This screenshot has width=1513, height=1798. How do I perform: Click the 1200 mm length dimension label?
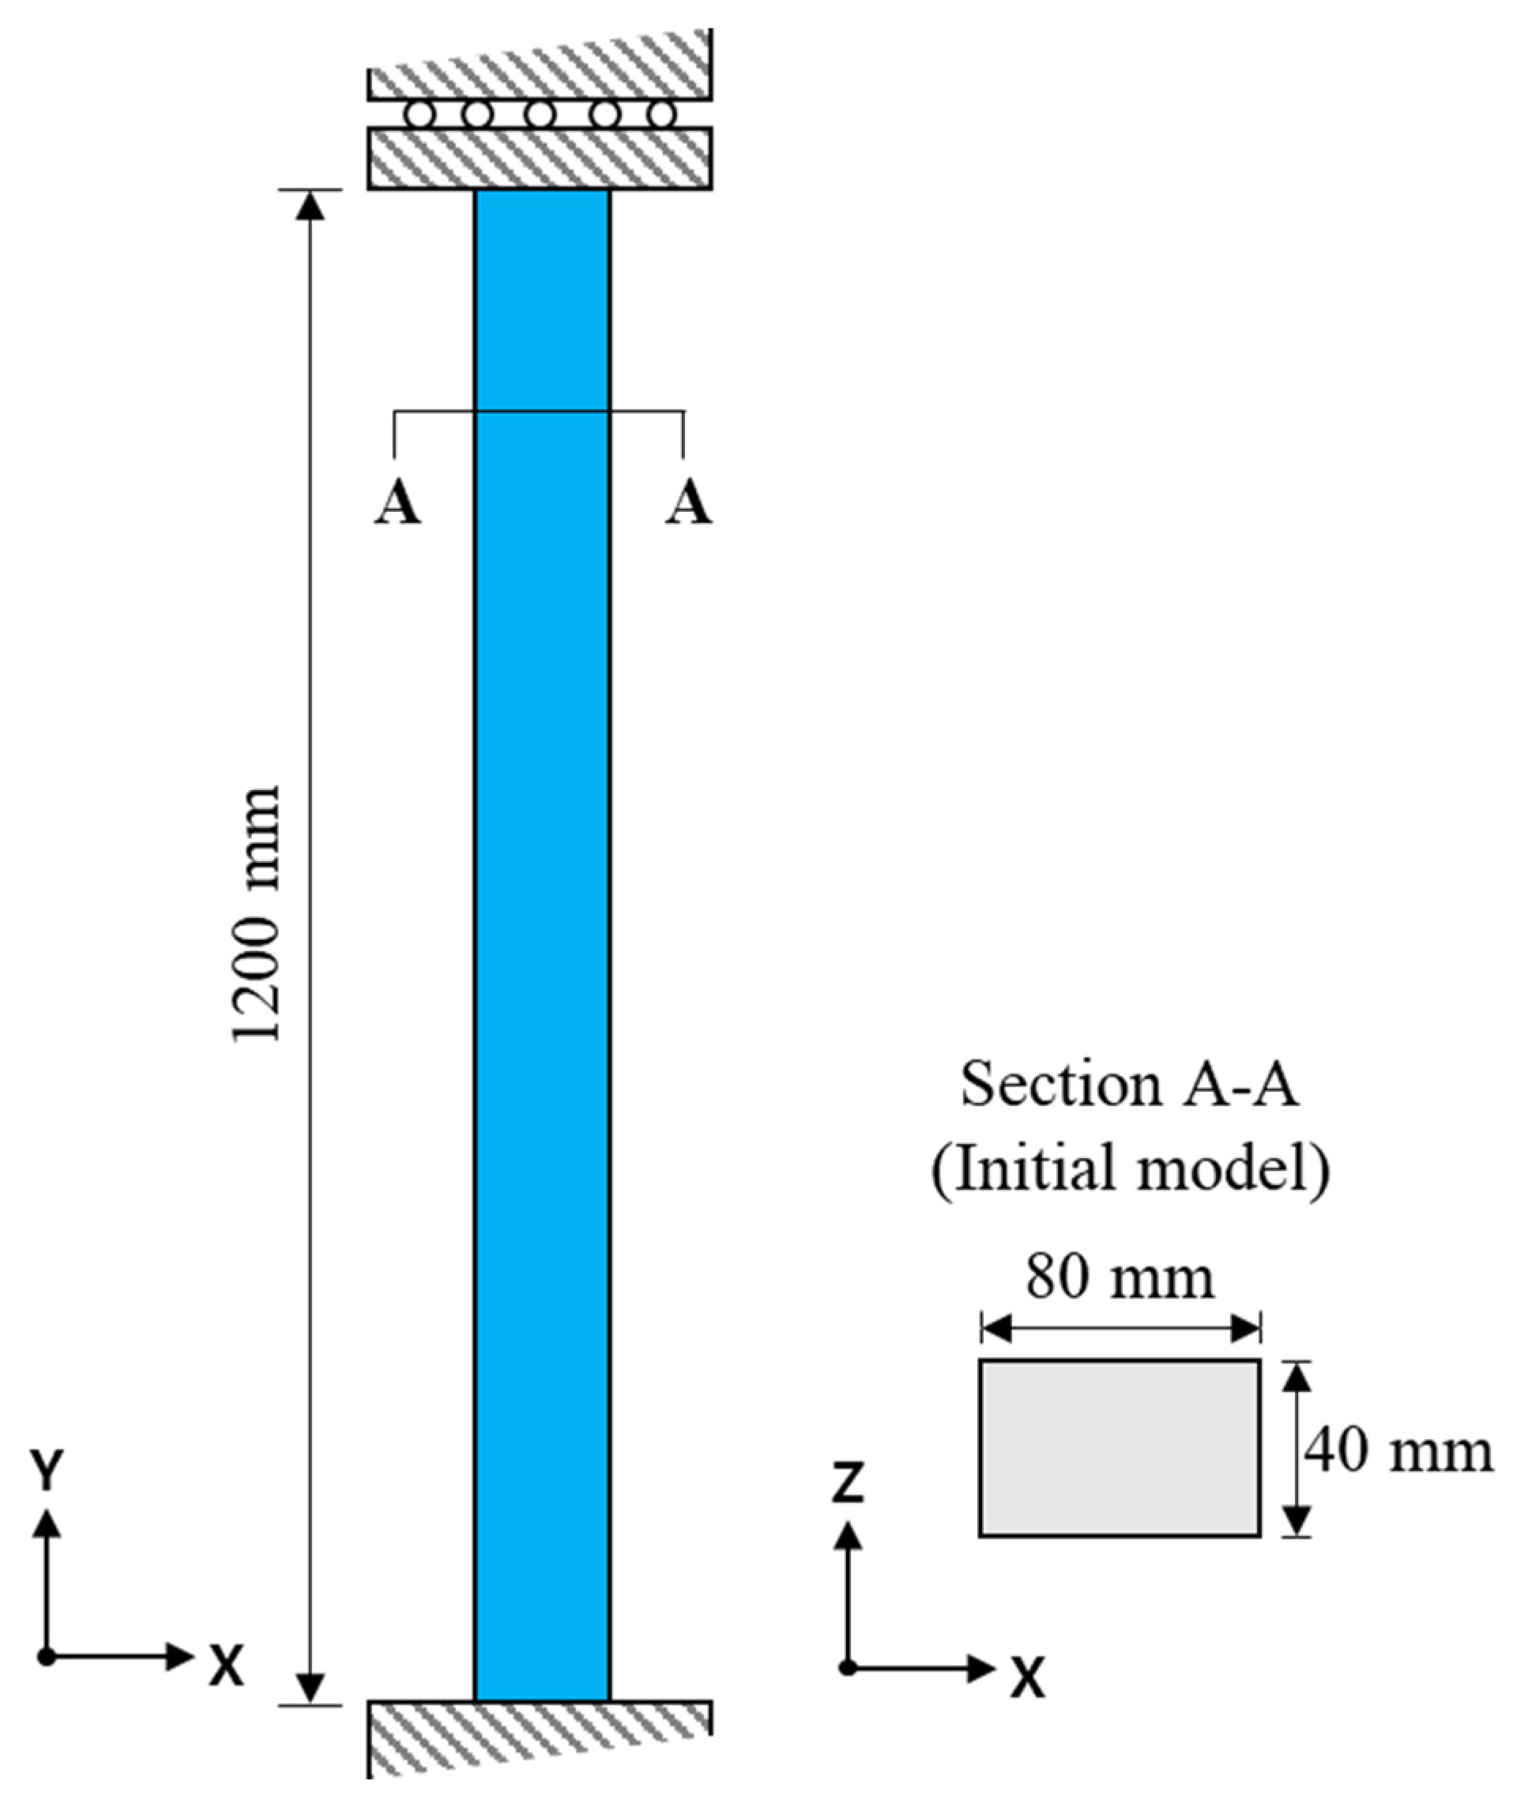[x=257, y=913]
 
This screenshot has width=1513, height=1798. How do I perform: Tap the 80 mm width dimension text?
[x=1120, y=1279]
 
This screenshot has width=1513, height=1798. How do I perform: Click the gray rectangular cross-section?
[x=1120, y=1447]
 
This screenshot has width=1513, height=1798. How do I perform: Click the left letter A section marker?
[x=397, y=503]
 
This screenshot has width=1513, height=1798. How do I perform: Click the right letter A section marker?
[x=689, y=503]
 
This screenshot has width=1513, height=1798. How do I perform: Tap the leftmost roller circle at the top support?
[x=419, y=114]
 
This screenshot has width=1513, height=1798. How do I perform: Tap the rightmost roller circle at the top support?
[x=661, y=114]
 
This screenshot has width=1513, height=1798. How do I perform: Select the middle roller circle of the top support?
[x=540, y=114]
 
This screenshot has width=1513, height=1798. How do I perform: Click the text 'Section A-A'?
[x=1129, y=1085]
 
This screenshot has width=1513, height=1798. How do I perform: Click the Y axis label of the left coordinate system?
[x=48, y=1471]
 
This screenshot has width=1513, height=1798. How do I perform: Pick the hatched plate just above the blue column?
[x=540, y=158]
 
